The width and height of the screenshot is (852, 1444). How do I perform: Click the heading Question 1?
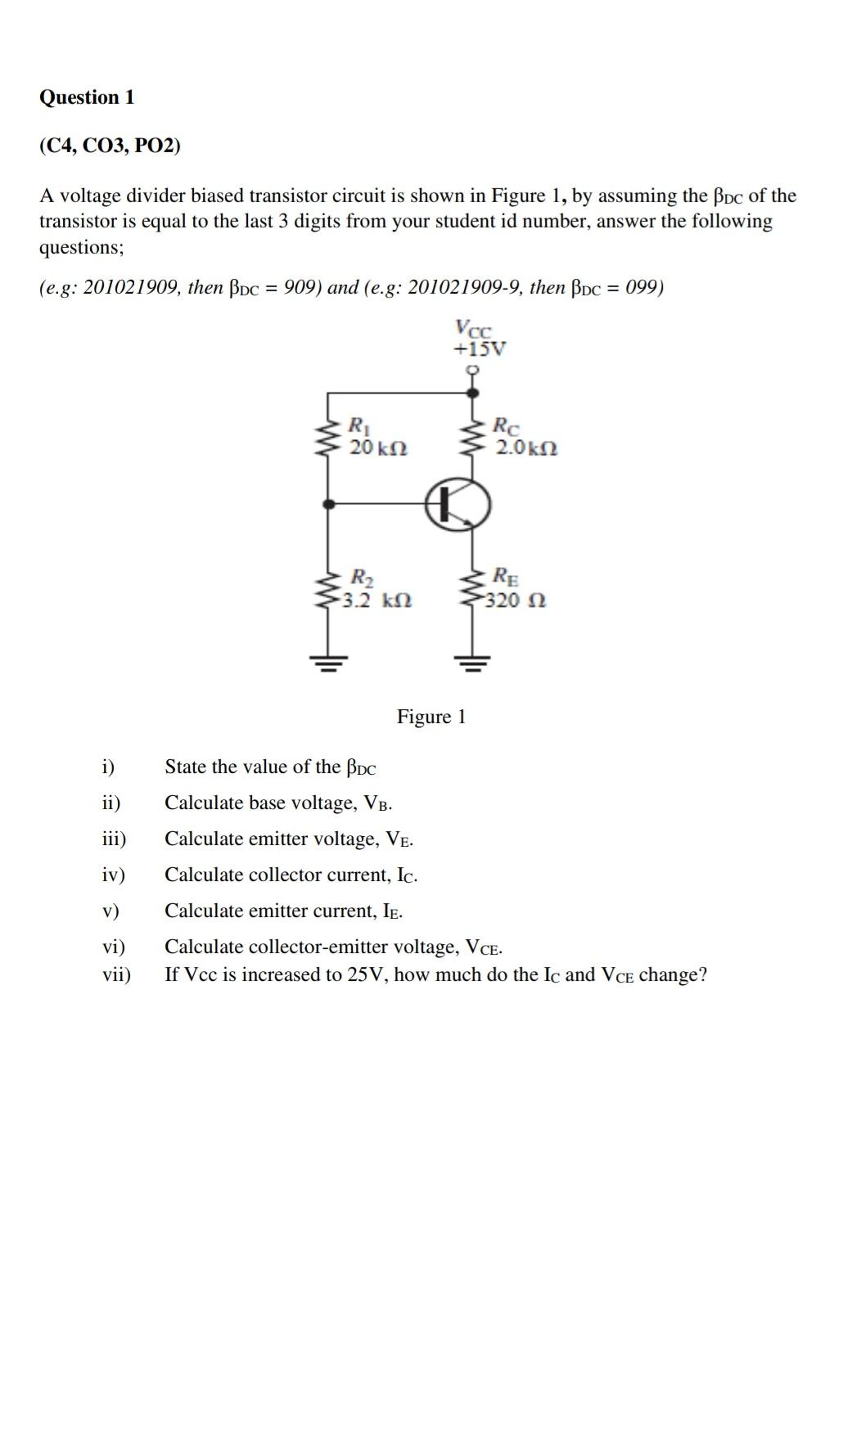tap(87, 97)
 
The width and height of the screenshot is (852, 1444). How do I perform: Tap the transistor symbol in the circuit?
tap(458, 504)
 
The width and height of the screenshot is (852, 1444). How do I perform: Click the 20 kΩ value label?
tap(378, 448)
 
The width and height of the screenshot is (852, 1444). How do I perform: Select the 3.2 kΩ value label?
tap(376, 601)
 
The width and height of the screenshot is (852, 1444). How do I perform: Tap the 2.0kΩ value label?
tap(527, 448)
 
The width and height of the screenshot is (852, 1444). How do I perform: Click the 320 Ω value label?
tap(516, 601)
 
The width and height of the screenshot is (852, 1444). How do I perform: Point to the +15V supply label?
tap(480, 349)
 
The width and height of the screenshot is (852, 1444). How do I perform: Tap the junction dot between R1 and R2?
tap(329, 505)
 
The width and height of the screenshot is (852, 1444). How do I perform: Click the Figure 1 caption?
tap(431, 717)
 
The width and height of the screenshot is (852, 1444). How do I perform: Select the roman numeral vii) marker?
tap(116, 974)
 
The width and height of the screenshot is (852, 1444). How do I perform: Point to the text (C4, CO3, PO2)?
tap(110, 146)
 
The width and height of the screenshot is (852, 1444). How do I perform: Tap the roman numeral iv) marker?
tap(114, 875)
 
